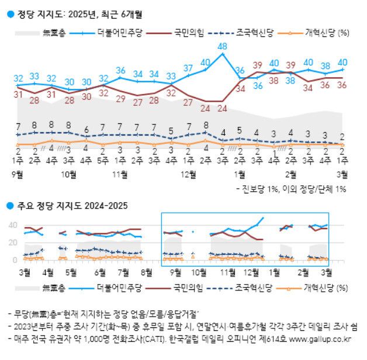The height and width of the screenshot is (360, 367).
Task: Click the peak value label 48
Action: tap(222, 46)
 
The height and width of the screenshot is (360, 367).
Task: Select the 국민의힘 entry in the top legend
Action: tap(189, 33)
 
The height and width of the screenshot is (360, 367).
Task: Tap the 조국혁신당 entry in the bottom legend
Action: tap(252, 288)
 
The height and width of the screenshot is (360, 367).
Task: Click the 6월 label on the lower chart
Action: tap(99, 272)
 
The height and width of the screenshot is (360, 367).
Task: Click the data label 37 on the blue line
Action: tap(188, 68)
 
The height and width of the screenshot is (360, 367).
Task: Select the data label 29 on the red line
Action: tap(120, 99)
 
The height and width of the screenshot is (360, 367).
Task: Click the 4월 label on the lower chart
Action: tap(49, 272)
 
